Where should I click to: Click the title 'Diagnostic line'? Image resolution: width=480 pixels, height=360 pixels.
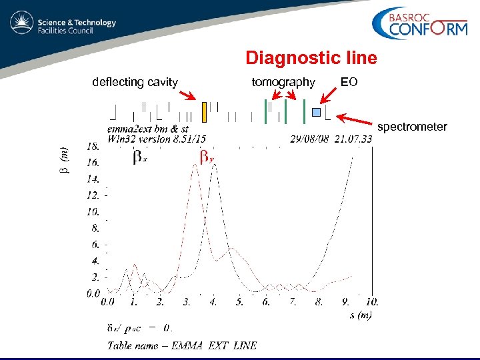tap(311, 58)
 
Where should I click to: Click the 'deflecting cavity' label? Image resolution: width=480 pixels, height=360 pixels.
tap(135, 82)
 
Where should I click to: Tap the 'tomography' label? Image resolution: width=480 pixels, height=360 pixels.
tap(283, 82)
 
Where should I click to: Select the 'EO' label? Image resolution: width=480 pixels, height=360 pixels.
tap(349, 82)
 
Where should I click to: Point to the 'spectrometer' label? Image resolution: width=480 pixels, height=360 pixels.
tap(412, 126)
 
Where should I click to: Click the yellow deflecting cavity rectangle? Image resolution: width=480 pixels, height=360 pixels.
tap(205, 113)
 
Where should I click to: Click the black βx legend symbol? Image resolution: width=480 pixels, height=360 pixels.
tap(139, 157)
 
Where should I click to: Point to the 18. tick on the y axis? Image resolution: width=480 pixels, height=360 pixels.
tap(93, 146)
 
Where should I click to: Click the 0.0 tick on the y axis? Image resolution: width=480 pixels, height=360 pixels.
tap(93, 293)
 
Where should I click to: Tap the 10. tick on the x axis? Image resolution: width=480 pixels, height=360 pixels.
tap(372, 302)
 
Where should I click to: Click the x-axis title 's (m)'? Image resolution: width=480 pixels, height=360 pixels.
tap(361, 314)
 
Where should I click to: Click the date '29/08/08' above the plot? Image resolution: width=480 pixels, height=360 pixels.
tap(309, 139)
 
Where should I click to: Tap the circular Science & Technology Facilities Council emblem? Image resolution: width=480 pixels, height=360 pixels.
tap(22, 24)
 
